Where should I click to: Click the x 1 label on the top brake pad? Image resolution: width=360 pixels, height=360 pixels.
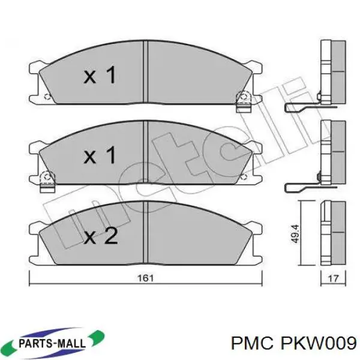(x=99, y=76)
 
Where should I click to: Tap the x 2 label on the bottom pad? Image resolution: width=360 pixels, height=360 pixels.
(x=100, y=236)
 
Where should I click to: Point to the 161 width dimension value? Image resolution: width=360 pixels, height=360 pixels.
(x=146, y=278)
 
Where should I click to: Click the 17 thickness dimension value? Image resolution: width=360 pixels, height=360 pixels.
(x=334, y=278)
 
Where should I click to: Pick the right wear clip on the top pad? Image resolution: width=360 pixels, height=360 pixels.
(x=244, y=101)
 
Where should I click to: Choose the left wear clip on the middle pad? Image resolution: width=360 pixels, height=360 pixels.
(x=47, y=181)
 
